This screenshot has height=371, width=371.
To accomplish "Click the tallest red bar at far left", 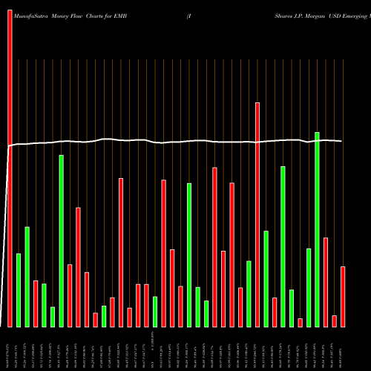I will pos(10,163).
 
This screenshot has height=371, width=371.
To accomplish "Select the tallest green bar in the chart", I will pos(318,229).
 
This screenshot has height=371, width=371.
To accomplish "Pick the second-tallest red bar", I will pos(257,214).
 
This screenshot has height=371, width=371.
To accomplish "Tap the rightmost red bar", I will pos(343,296).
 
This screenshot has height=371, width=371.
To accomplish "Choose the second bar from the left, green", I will pos(19,290).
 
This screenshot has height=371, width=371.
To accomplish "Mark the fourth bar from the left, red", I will pos(36,303).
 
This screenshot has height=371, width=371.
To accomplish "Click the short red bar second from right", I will pos(335,321).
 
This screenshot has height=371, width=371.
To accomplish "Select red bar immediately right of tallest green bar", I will pos(326,282).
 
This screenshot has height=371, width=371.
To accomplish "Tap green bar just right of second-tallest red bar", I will pos(266,278).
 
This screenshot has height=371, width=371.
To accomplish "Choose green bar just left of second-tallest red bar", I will pos(249,293).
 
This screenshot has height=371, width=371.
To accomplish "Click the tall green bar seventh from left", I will pos(62,240).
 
